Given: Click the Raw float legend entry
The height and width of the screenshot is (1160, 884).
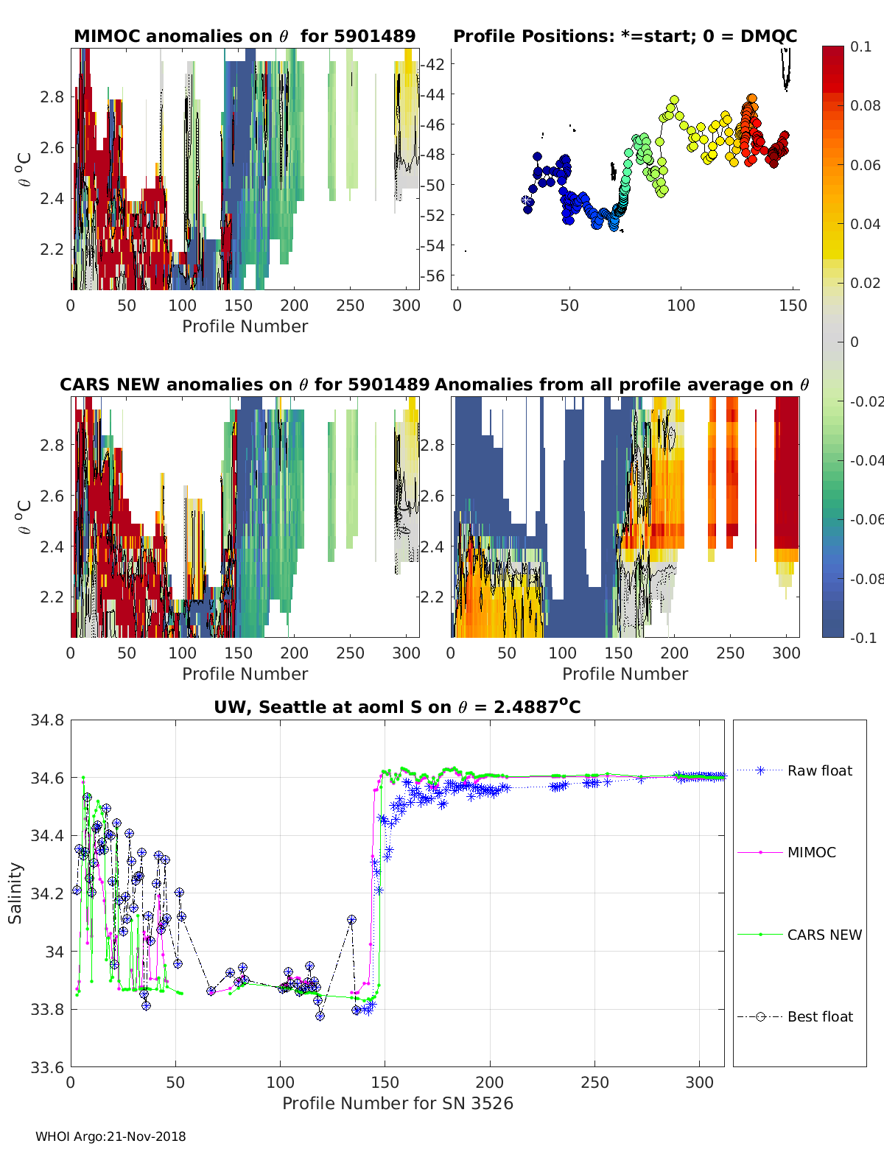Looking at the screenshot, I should [x=819, y=770].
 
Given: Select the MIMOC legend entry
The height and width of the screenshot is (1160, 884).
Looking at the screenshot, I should [x=811, y=852].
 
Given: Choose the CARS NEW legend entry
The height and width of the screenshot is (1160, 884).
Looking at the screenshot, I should [x=824, y=935].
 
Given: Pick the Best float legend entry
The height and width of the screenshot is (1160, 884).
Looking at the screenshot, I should [x=820, y=1016].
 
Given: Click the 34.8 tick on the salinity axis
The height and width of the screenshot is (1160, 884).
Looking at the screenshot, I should [x=47, y=720].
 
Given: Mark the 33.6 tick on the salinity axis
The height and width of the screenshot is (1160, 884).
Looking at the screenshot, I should [x=47, y=1066].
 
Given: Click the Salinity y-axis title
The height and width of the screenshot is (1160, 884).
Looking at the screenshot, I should [x=15, y=893].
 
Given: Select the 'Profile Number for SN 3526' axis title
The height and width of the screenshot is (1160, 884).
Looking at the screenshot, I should [x=397, y=1103].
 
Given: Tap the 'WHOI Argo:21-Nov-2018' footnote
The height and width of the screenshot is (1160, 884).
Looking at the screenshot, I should [x=110, y=1136].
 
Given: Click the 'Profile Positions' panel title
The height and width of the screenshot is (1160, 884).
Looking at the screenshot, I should [x=625, y=36].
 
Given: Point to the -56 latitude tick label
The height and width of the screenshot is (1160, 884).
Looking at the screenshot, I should [x=433, y=275].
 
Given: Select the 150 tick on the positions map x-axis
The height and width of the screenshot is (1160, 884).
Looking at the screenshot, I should [x=793, y=305].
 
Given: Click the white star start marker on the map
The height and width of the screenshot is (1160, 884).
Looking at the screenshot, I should [x=527, y=200].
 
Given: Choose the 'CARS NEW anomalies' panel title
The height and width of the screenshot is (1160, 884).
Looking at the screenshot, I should [x=245, y=384].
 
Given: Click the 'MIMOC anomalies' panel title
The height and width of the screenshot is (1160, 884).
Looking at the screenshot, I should [x=245, y=36].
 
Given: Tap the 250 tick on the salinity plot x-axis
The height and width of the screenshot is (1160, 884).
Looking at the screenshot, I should [x=594, y=1082].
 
